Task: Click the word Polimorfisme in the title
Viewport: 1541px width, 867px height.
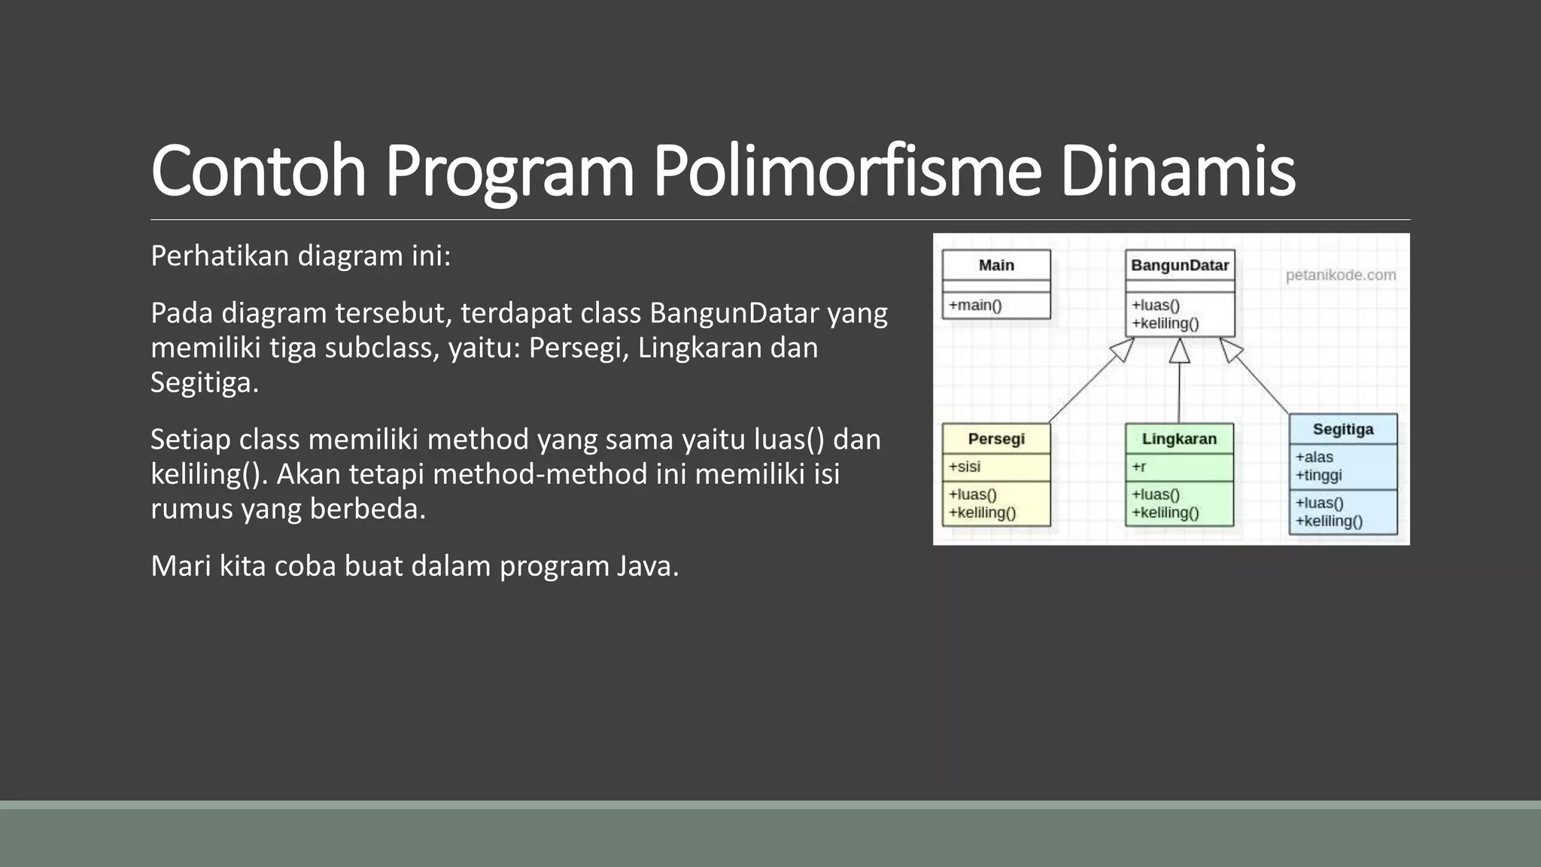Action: [846, 172]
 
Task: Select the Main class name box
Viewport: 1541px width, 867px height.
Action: [996, 265]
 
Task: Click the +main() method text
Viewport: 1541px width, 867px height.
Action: [975, 305]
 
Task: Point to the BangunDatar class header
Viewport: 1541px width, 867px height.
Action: [1179, 265]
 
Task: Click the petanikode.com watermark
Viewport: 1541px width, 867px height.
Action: [1340, 275]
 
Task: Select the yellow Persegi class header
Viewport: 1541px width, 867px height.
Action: [996, 439]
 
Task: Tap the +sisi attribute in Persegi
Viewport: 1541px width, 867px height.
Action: [965, 467]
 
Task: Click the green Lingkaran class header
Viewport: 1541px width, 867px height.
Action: [1179, 439]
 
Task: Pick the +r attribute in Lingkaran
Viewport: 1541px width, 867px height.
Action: [1139, 467]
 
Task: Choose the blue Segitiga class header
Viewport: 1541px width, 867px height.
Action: [1343, 429]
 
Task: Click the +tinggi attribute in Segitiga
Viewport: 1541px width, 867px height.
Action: [1319, 475]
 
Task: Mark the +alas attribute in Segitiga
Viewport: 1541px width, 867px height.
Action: [1315, 457]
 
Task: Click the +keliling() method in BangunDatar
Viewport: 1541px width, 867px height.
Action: [1166, 324]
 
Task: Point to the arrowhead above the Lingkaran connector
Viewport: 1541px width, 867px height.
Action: [1180, 351]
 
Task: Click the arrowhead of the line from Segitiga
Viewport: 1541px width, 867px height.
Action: [1231, 349]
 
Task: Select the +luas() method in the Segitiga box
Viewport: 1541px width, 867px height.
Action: [1319, 503]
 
